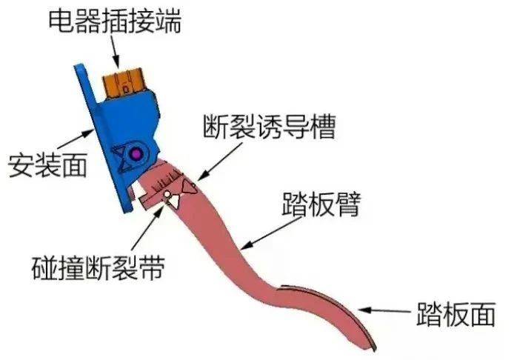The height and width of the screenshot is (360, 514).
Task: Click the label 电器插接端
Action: click(x=114, y=21)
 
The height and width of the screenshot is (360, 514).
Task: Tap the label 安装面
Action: click(x=48, y=165)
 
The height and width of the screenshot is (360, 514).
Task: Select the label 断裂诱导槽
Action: click(x=269, y=127)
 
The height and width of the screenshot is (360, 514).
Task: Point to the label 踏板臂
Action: click(x=321, y=204)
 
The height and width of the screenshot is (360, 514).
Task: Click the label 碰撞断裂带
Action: click(x=98, y=268)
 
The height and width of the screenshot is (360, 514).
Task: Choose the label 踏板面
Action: click(x=455, y=314)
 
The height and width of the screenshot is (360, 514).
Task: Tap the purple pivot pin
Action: click(x=135, y=154)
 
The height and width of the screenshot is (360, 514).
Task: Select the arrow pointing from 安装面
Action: click(x=75, y=139)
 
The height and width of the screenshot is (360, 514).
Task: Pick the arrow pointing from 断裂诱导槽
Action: click(x=220, y=161)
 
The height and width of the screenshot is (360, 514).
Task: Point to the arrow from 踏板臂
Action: click(x=271, y=233)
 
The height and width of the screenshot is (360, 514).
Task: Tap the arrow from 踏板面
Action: click(x=384, y=310)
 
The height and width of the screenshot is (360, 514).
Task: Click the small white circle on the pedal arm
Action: click(x=167, y=195)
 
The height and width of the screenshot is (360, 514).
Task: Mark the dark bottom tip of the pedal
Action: click(x=374, y=347)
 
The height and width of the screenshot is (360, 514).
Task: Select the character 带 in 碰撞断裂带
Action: click(x=151, y=268)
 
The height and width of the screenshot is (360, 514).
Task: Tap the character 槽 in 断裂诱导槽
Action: click(x=323, y=127)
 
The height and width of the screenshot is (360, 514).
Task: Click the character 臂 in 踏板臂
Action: click(x=348, y=204)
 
